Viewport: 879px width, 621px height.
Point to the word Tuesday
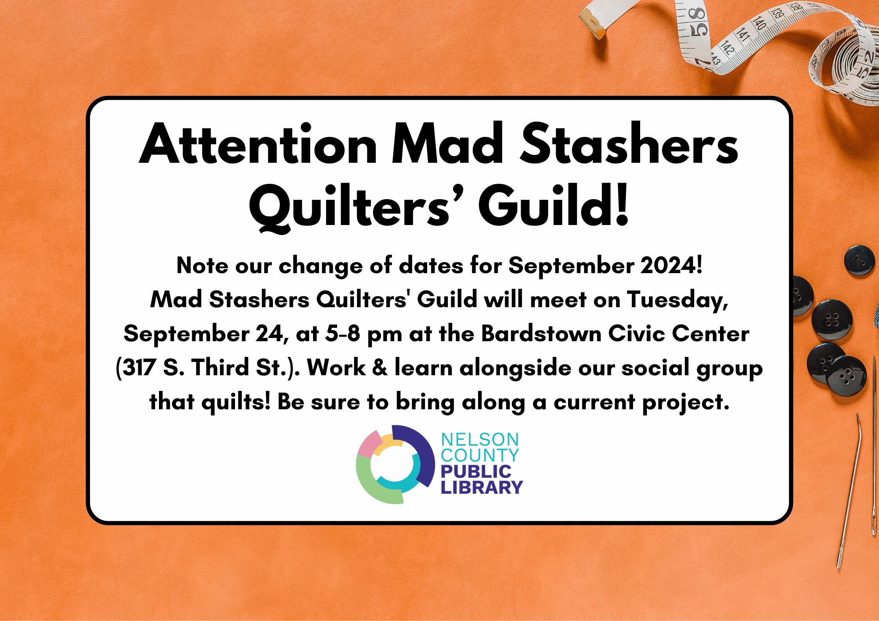pyautogui.click(x=677, y=301)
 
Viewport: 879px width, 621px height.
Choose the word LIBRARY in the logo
pyautogui.click(x=482, y=488)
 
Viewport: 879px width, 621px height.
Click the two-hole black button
pyautogui.click(x=859, y=261)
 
